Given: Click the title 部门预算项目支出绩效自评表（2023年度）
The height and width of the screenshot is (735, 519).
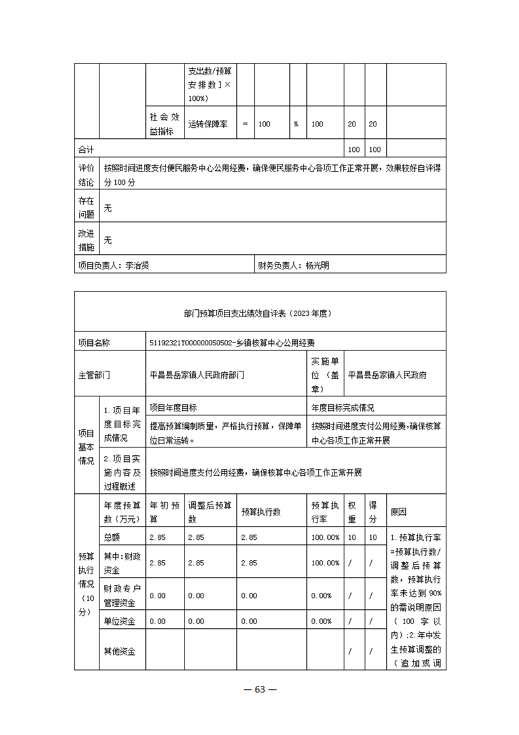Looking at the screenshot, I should pos(259,313).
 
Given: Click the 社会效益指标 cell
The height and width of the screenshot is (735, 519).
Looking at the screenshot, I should pos(164,124).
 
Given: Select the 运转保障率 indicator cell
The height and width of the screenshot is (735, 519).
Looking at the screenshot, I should pos(207,124).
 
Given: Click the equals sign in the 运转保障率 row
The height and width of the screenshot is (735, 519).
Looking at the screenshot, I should pos(245,124).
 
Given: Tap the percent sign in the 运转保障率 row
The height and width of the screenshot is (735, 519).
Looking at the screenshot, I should pos(296,124).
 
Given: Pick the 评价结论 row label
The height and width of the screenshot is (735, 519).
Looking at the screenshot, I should pos(86,174).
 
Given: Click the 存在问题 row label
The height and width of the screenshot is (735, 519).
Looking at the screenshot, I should pos(86,207).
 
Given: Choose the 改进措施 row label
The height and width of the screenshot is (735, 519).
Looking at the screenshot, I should pos(86,240).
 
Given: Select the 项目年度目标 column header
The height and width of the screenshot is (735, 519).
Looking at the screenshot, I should pos(173,407).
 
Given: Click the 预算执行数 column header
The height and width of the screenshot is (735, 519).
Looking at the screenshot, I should pos(260,512).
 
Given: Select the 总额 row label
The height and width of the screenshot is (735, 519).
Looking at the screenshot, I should pos(112,537).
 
